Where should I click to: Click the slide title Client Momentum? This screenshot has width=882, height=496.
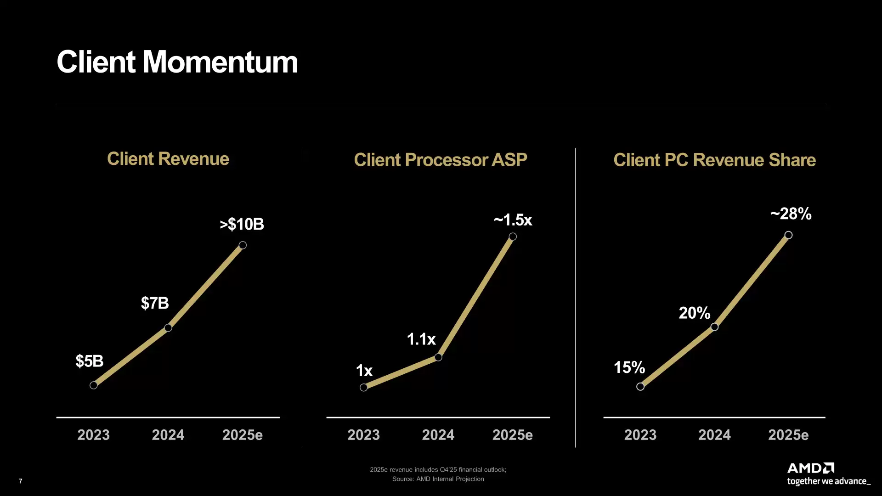[x=177, y=62]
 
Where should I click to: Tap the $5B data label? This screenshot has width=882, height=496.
[x=90, y=361]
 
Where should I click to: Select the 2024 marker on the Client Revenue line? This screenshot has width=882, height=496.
[x=168, y=328]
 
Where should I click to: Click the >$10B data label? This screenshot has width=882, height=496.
[x=242, y=224]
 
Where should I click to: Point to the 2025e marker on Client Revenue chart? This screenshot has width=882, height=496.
[x=243, y=245]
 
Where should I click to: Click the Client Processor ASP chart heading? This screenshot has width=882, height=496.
[x=440, y=160]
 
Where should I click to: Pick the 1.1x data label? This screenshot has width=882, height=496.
[x=421, y=339]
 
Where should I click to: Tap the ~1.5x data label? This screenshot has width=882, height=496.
[x=513, y=220]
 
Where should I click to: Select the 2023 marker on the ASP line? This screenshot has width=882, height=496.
[x=363, y=388]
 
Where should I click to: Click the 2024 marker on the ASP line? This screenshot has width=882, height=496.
[x=438, y=357]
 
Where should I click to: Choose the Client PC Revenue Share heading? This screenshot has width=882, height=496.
[x=714, y=160]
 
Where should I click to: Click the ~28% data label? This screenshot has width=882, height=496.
[x=791, y=214]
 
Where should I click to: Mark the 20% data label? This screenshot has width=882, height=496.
[x=694, y=313]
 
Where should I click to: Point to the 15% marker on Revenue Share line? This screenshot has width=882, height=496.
[x=640, y=387]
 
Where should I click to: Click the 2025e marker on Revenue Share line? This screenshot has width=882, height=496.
[x=788, y=235]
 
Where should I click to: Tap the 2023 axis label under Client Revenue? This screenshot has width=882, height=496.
[x=93, y=435]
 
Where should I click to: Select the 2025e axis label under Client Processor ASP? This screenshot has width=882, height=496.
[x=512, y=435]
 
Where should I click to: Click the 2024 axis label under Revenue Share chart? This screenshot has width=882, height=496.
[x=714, y=435]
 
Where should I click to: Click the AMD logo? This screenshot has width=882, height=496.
[x=811, y=468]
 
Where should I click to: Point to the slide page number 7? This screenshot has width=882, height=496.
[x=20, y=481]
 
